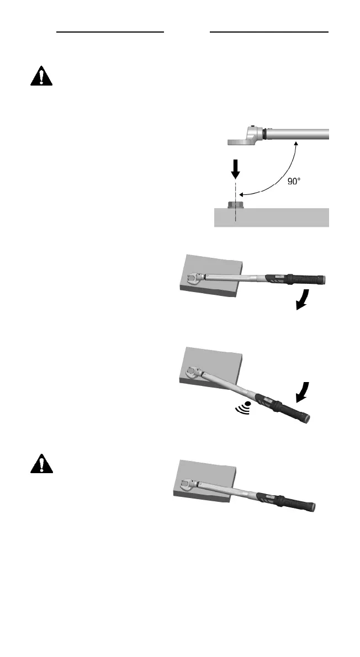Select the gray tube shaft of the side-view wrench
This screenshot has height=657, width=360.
click(298, 135)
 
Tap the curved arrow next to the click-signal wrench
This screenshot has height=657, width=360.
click(302, 393)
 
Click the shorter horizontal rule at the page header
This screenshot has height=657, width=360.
click(110, 32)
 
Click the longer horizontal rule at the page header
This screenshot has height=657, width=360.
click(269, 32)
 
